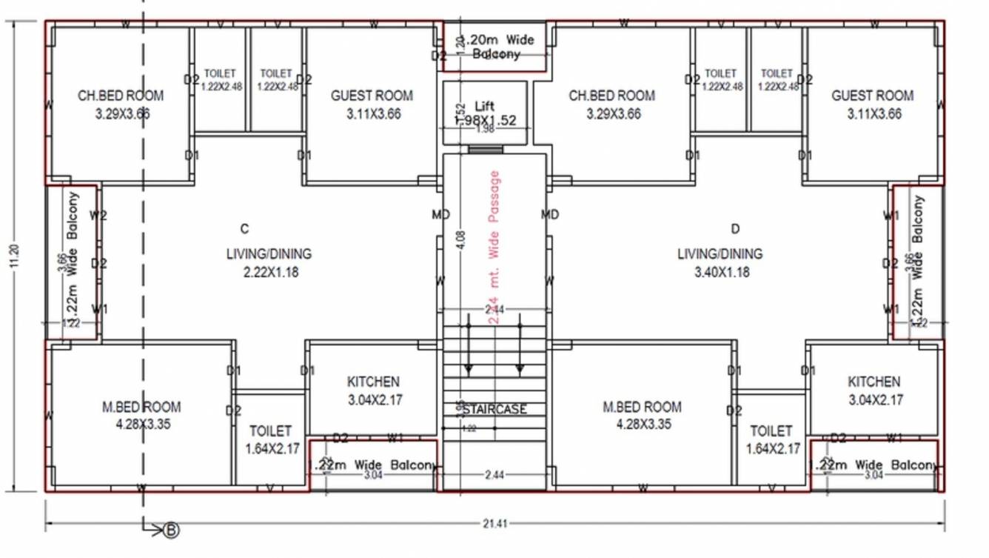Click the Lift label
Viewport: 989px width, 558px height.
(x=484, y=107)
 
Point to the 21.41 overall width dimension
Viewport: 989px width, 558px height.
(x=495, y=524)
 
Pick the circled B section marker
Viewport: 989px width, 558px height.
(x=172, y=530)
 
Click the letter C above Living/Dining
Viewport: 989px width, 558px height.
(x=245, y=228)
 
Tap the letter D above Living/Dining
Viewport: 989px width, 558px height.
(x=735, y=228)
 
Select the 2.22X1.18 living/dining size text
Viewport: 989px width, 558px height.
(x=271, y=272)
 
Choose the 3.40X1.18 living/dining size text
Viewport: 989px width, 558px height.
(x=722, y=272)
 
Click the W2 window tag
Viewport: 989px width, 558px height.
(x=98, y=216)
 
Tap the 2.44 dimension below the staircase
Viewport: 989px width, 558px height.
(x=494, y=475)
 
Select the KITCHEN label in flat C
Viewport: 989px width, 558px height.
(x=373, y=382)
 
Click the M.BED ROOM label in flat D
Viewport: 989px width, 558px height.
(x=642, y=407)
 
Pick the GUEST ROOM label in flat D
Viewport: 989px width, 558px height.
(x=872, y=96)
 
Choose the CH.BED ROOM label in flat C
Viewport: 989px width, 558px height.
(x=121, y=96)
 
